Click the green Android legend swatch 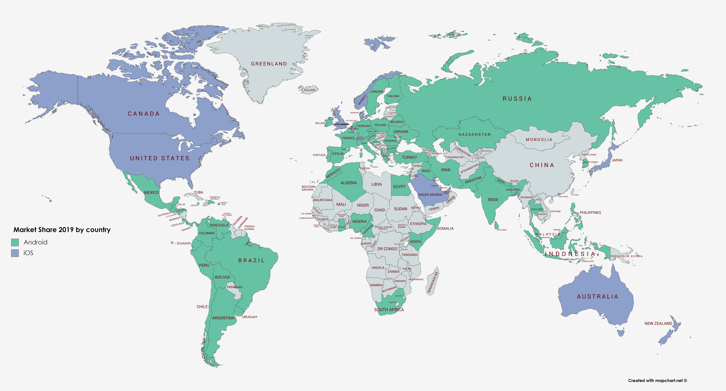15,242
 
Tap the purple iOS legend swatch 15,253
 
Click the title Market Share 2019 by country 62,230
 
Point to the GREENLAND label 269,64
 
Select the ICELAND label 310,90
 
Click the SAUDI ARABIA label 430,195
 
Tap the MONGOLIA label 539,140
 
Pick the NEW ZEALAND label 658,323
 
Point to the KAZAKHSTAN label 475,135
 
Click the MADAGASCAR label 433,282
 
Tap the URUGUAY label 249,317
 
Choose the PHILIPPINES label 590,213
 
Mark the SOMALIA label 445,228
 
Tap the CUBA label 198,192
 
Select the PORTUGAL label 319,155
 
